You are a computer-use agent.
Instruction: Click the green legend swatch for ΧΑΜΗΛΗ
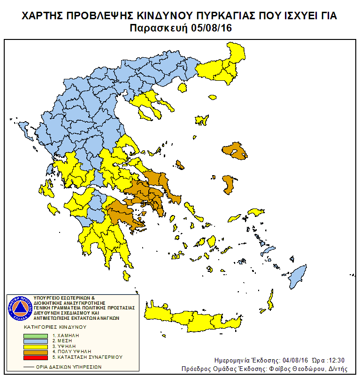(x=36, y=336)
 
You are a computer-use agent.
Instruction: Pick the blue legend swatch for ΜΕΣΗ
(x=36, y=341)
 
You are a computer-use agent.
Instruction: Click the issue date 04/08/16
(x=289, y=360)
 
